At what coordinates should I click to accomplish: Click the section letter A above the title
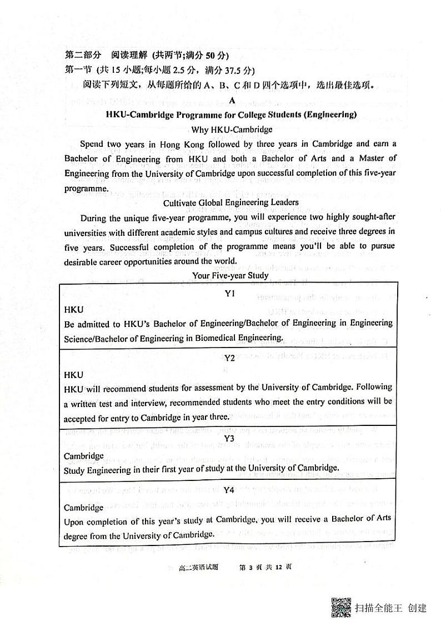pos(232,101)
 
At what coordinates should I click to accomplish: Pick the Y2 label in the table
pos(229,358)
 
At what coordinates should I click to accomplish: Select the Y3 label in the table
pos(229,439)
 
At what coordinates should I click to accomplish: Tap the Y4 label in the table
pos(229,490)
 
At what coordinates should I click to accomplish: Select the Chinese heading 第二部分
pos(83,55)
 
